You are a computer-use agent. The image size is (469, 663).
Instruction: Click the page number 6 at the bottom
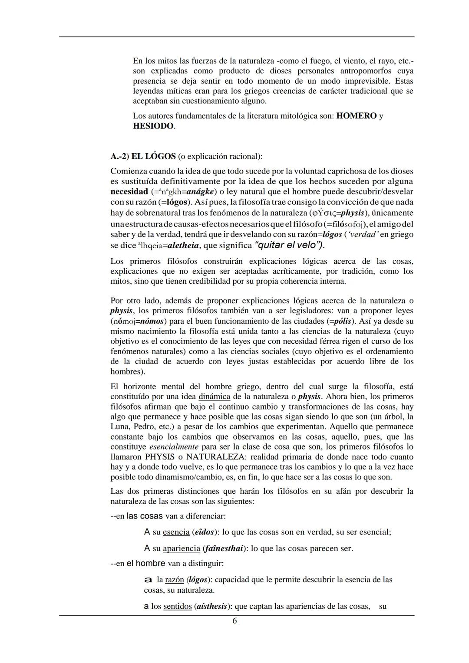tap(234, 621)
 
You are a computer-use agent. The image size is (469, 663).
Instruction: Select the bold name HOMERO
tap(356, 116)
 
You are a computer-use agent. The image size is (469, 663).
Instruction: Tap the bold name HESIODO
tap(153, 126)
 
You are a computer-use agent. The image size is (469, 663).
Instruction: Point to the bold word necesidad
tap(129, 192)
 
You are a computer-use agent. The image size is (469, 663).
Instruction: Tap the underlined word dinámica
tap(215, 397)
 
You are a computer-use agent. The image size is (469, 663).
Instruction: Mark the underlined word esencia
tap(176, 532)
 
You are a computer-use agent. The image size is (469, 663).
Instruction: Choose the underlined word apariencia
tap(181, 548)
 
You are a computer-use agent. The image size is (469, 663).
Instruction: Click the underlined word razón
tap(175, 580)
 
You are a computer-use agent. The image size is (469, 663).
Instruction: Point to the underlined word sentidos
tap(177, 606)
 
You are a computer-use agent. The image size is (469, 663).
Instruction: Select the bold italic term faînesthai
tap(222, 548)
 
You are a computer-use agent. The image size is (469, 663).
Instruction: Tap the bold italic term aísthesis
tap(212, 606)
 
